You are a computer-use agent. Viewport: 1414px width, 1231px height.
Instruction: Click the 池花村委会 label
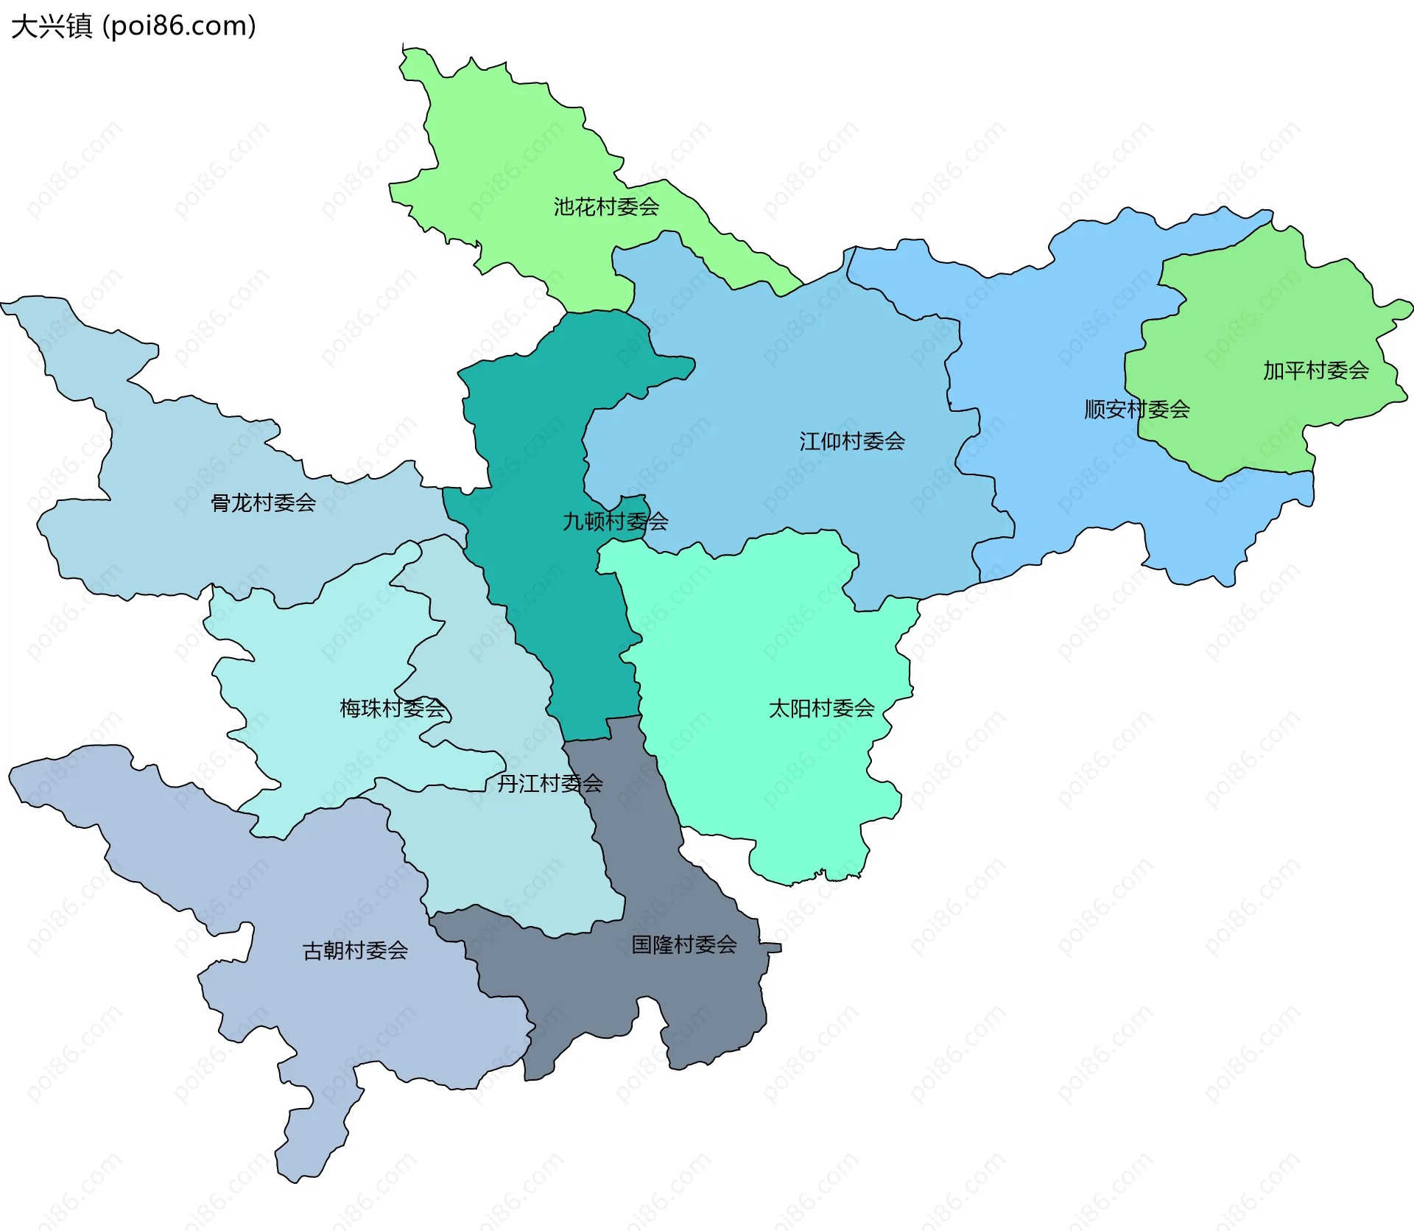click(606, 207)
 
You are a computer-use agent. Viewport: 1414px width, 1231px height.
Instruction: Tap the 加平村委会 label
click(1315, 370)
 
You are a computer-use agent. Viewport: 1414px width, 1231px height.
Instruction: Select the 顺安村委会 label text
click(1136, 409)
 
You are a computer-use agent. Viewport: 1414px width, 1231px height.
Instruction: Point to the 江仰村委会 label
click(851, 441)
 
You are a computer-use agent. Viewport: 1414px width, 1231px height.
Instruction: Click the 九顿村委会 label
click(615, 522)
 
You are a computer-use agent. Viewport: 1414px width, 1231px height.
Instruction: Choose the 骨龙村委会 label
click(263, 502)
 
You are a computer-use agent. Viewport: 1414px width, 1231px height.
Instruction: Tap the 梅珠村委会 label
click(392, 708)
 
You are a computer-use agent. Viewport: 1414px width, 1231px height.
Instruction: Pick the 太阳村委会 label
click(821, 708)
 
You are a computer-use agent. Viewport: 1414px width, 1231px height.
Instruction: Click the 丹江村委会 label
click(549, 783)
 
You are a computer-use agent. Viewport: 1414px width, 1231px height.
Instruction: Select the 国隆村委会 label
click(683, 944)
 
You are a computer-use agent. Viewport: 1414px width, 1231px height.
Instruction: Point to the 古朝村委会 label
click(355, 950)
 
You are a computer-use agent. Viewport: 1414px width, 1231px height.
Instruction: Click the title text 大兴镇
click(52, 27)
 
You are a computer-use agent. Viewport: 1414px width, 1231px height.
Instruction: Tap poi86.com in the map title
click(179, 27)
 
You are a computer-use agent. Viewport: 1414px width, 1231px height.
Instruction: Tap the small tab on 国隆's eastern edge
click(772, 947)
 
